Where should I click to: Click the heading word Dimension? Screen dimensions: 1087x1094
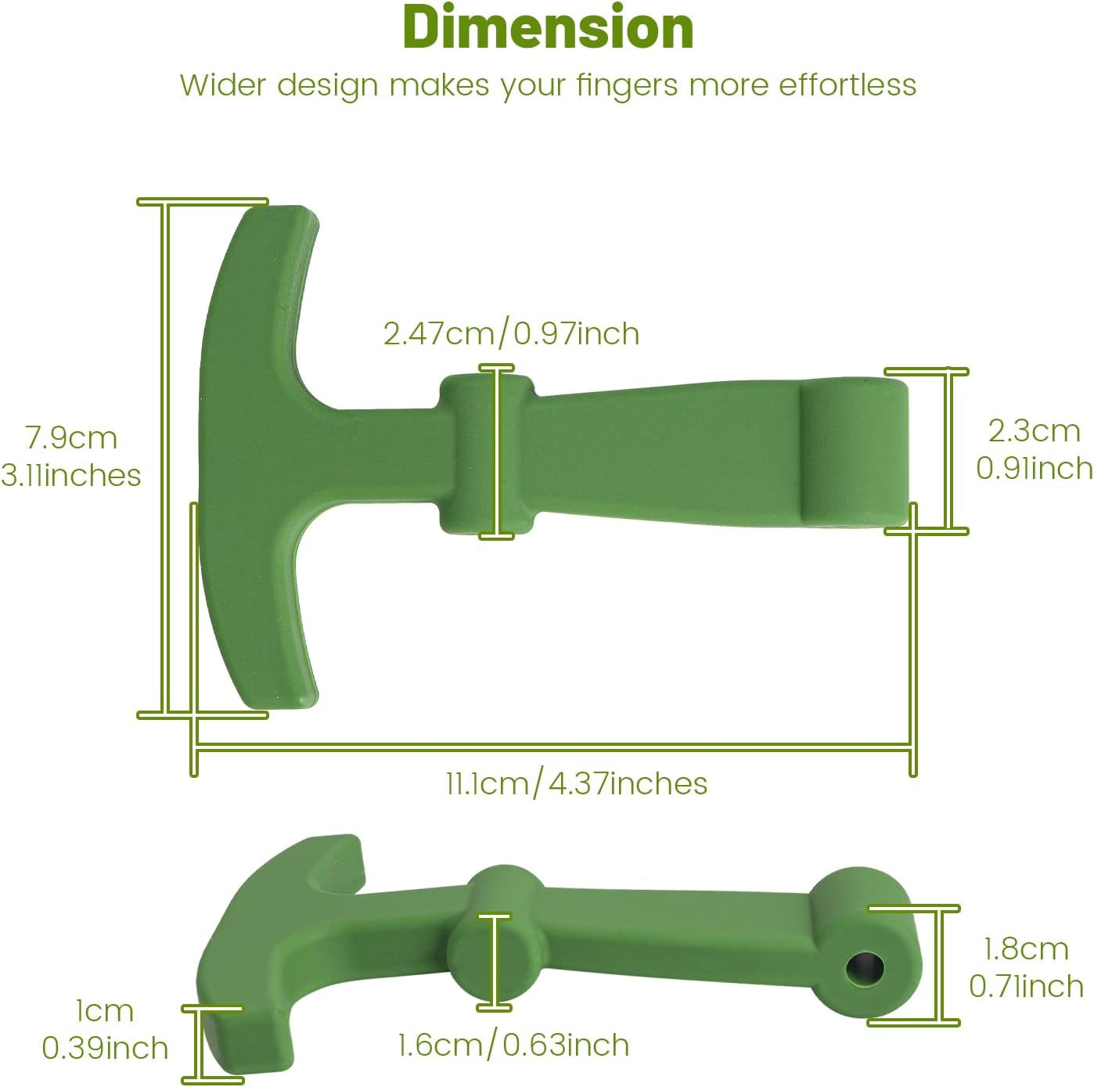[x=548, y=28]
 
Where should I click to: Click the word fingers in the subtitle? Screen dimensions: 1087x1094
[x=628, y=85]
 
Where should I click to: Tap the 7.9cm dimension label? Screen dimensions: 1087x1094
[x=71, y=437]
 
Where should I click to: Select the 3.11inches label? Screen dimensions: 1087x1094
[x=70, y=476]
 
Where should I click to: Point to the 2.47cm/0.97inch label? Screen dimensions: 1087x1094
[x=511, y=334]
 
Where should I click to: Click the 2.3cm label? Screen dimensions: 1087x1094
[x=1034, y=431]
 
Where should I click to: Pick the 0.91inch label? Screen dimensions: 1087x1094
[x=1034, y=469]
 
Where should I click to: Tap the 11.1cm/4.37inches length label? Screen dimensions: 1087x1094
[x=577, y=783]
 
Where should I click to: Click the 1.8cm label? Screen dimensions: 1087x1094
[x=1026, y=949]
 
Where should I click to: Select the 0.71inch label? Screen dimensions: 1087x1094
[x=1026, y=987]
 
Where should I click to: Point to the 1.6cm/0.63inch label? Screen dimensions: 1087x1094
[x=513, y=1046]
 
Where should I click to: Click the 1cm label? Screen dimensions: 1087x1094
[x=104, y=1011]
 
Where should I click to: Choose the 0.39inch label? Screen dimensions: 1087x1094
[x=105, y=1049]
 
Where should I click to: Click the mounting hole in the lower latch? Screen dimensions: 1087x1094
[x=865, y=969]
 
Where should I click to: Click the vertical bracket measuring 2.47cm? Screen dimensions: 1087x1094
[x=496, y=452]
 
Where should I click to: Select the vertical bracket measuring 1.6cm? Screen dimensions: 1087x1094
[x=493, y=962]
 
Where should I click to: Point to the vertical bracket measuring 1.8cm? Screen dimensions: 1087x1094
[x=937, y=965]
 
